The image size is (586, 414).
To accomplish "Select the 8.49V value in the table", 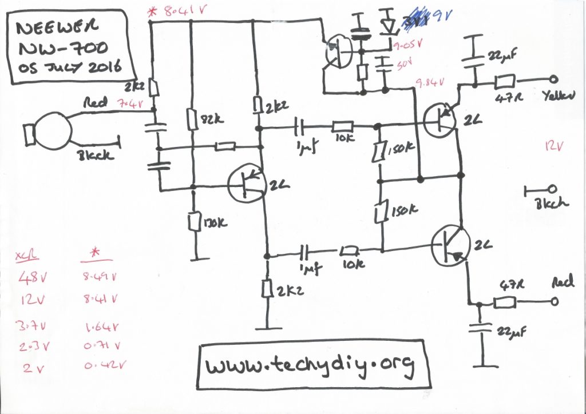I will coord(101,278).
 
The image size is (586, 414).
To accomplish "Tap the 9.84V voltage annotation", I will coord(431,83).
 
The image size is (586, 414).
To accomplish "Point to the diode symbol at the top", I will coord(389,26).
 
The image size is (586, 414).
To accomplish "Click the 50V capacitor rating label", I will coord(400,63).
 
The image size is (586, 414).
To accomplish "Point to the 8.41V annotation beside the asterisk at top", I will coord(179,10).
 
